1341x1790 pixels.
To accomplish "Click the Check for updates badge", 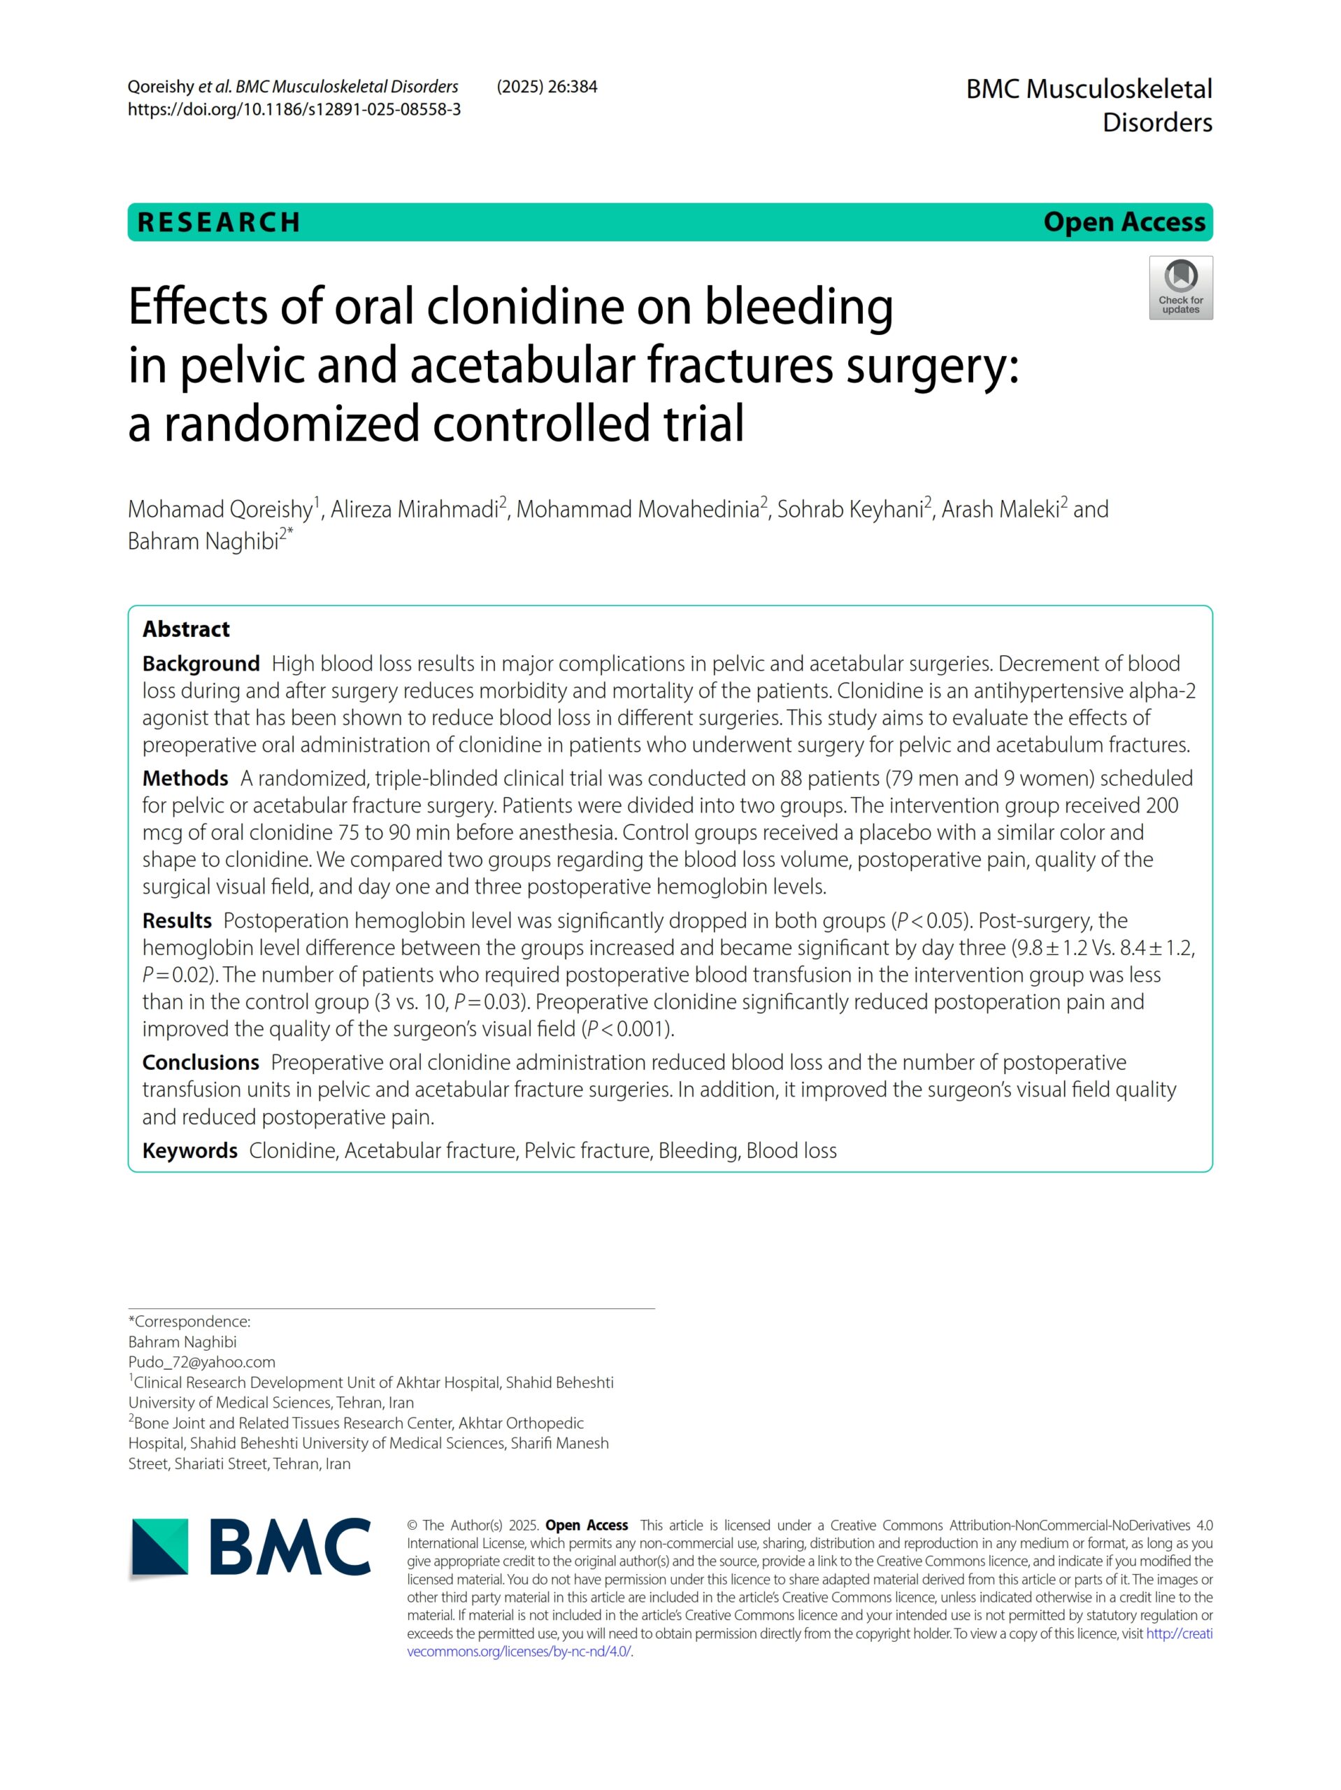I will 1180,287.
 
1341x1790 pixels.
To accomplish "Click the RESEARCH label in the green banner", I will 219,222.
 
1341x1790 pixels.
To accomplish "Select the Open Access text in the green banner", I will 1124,222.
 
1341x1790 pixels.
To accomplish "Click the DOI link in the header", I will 294,109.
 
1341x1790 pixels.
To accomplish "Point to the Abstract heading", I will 185,629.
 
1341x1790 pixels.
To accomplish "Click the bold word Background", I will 201,664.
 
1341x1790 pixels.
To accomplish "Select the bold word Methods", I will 185,778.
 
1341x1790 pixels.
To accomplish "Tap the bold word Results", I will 176,921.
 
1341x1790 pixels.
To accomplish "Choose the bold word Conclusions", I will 201,1063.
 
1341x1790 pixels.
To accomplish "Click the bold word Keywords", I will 189,1151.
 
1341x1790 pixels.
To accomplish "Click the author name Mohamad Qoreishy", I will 220,510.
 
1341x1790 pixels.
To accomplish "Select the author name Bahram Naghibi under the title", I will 203,541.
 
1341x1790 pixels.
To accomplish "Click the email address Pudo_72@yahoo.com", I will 201,1362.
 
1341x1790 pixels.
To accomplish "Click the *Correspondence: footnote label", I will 189,1322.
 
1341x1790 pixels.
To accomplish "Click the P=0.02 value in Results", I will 171,975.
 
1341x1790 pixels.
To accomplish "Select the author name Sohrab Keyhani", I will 849,510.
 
